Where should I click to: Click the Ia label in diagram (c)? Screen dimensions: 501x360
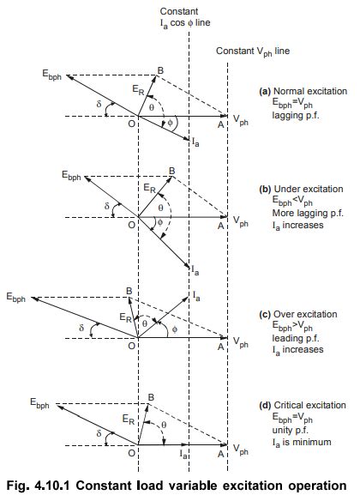tap(196, 296)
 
